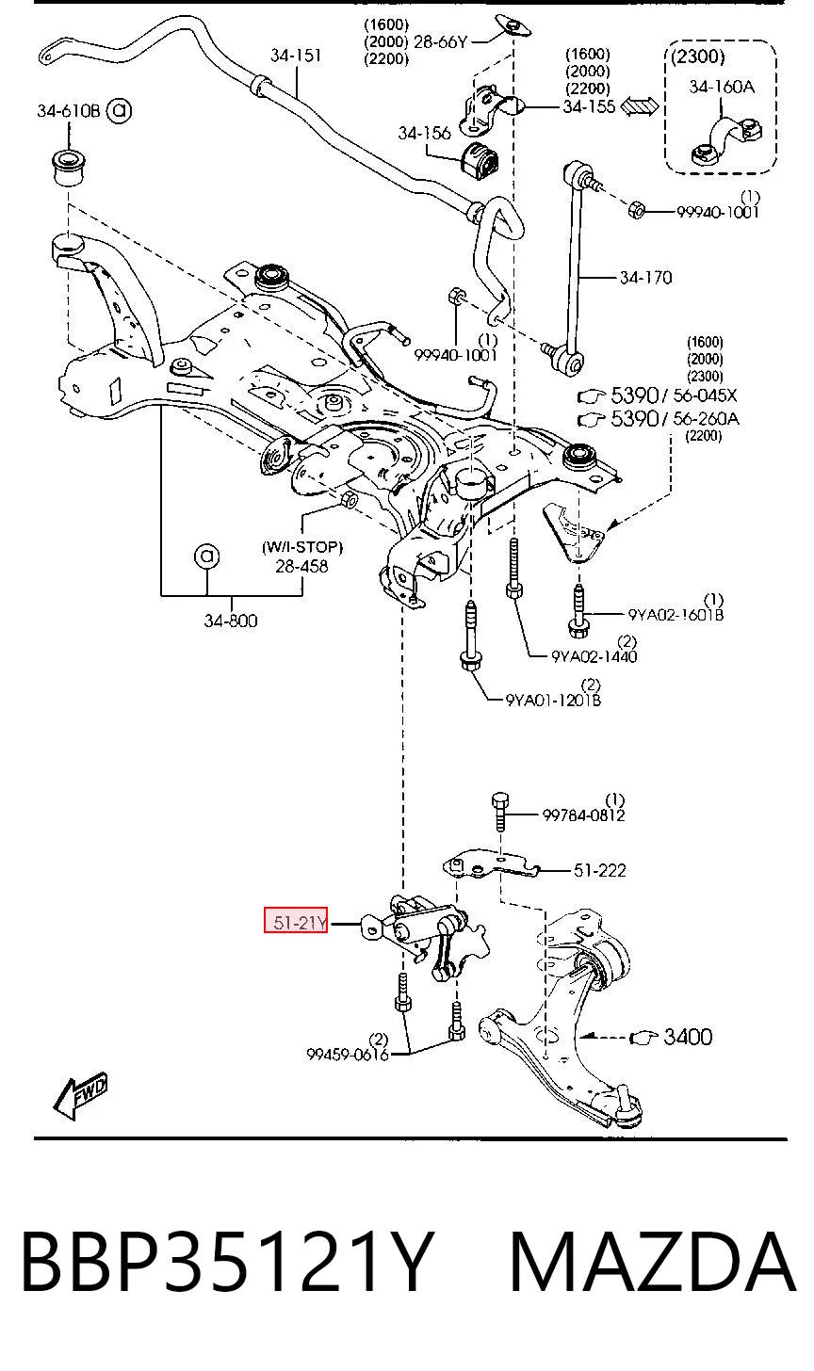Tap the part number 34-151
[296, 55]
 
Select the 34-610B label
[68, 111]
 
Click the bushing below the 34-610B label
[68, 167]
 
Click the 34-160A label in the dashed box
[722, 87]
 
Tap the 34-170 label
[645, 278]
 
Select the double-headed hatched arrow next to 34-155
[640, 106]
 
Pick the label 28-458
[301, 566]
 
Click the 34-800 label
[230, 621]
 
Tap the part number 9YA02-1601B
[676, 615]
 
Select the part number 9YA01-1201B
[553, 700]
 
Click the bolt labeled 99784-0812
[499, 811]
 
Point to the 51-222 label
[599, 870]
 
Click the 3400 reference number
[688, 1037]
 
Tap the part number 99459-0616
[348, 1055]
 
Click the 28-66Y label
[440, 41]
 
